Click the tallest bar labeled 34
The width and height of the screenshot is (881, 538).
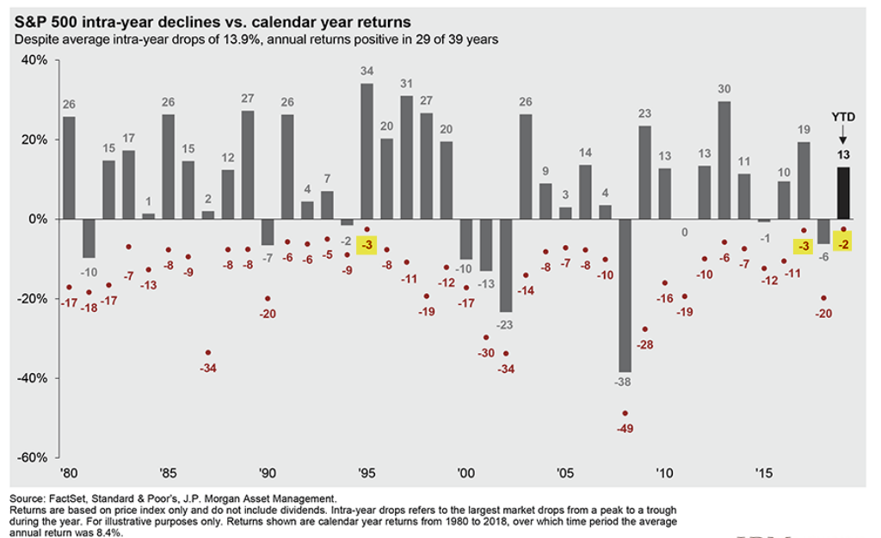pos(367,150)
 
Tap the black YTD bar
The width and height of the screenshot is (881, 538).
pos(844,193)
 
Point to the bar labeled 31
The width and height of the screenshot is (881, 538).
pos(407,157)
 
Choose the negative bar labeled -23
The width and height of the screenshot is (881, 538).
pos(506,265)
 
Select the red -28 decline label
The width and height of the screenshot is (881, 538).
pos(644,344)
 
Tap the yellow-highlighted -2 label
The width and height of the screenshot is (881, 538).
pos(843,245)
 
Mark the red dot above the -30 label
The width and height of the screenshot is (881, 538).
pos(486,338)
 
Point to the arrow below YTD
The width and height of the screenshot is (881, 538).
pos(843,134)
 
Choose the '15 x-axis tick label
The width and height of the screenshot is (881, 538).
pos(763,473)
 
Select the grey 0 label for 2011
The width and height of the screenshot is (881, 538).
pos(684,231)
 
